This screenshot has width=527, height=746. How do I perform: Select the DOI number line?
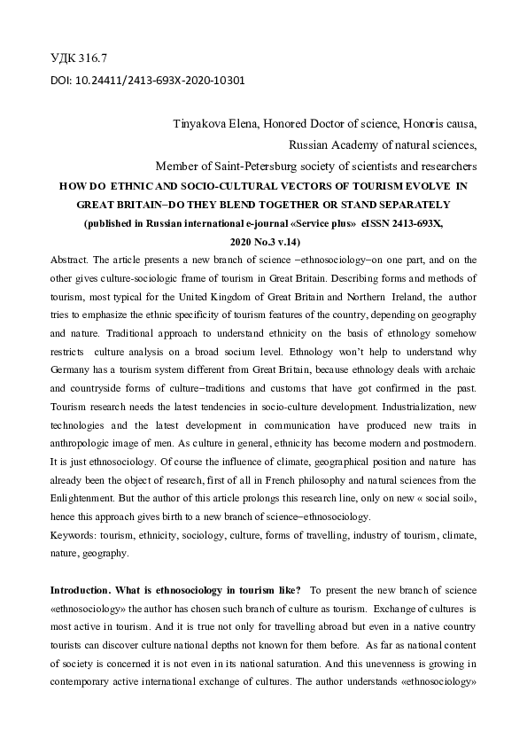point(148,79)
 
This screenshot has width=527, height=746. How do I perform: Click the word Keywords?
point(74,537)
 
